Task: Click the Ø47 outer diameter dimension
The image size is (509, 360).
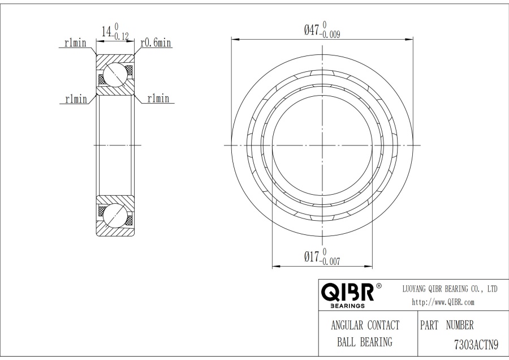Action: tap(322, 30)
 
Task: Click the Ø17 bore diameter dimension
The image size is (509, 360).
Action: tap(322, 257)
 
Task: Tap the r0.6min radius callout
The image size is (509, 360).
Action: tap(156, 42)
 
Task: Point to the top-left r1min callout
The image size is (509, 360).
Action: tap(75, 42)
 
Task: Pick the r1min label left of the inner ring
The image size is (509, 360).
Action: tap(76, 98)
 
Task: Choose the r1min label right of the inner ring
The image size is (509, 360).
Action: tap(158, 98)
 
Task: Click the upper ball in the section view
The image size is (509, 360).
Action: tap(115, 75)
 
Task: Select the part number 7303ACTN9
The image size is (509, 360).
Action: tap(476, 344)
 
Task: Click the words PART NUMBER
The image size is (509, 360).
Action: tap(447, 325)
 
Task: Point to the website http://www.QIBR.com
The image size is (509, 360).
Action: tap(443, 302)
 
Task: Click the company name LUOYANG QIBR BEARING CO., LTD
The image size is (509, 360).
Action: tap(450, 289)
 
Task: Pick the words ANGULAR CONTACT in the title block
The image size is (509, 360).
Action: tap(365, 325)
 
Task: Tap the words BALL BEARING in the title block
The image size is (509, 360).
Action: tap(365, 342)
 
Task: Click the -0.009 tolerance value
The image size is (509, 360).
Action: tap(330, 35)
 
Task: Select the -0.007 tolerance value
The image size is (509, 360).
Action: tap(330, 262)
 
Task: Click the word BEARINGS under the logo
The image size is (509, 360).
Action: tap(347, 306)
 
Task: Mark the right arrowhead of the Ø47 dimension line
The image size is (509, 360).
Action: tap(409, 40)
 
